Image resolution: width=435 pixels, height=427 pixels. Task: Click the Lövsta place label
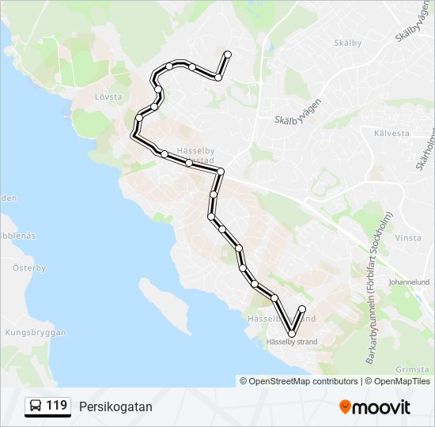(108, 96)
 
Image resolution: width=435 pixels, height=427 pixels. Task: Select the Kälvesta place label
(392, 133)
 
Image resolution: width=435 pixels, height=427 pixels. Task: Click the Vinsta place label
(409, 237)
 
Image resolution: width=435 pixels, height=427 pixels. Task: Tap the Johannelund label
(409, 282)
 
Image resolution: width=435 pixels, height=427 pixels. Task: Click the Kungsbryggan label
(36, 333)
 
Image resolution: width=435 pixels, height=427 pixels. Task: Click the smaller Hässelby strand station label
(292, 342)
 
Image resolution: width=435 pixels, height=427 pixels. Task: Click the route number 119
(56, 406)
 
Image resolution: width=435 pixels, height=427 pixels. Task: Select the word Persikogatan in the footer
(115, 406)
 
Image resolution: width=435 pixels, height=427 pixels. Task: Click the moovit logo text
(381, 407)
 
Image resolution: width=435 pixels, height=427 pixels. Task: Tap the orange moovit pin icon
(345, 407)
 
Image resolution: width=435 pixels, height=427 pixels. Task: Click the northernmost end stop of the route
(227, 54)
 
